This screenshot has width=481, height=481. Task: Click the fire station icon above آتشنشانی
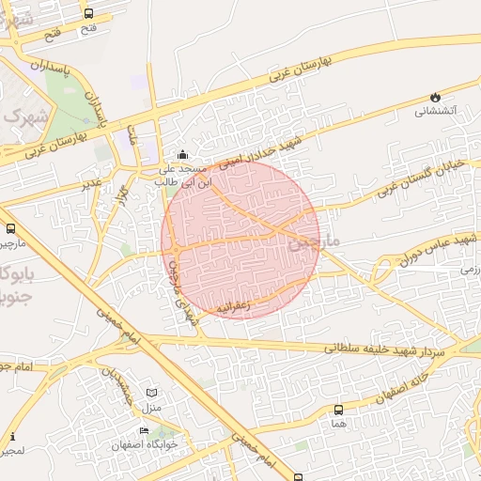click(x=434, y=97)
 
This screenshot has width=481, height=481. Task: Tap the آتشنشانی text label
click(x=436, y=112)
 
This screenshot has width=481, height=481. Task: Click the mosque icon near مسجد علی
click(x=182, y=154)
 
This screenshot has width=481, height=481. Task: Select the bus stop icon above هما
click(x=338, y=410)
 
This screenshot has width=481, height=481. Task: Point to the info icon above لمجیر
click(x=11, y=437)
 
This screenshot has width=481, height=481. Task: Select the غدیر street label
click(x=91, y=183)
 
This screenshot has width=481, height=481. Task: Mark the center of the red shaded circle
click(x=240, y=239)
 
